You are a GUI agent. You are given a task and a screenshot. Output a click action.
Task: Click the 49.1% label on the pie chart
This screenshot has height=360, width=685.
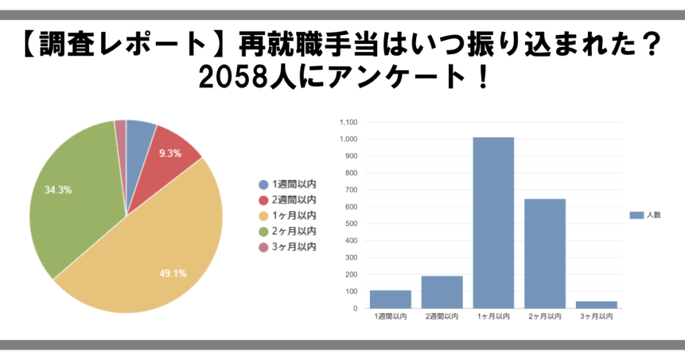[x=173, y=273]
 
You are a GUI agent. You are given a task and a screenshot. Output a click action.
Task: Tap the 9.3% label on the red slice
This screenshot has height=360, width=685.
[x=170, y=153]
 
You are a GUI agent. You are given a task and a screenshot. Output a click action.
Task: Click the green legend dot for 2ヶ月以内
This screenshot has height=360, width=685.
[x=264, y=232]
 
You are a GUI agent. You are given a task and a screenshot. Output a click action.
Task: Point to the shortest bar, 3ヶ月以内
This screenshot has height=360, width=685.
[x=596, y=304]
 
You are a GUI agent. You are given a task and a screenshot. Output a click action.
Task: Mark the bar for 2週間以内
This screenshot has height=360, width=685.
[x=442, y=292]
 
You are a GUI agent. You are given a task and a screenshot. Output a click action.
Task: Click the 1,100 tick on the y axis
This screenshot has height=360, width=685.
[x=349, y=122]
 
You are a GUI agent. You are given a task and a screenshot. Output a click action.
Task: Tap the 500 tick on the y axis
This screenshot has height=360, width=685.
[x=351, y=223]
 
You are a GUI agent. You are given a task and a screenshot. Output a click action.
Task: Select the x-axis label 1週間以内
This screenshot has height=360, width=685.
[x=390, y=317]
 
